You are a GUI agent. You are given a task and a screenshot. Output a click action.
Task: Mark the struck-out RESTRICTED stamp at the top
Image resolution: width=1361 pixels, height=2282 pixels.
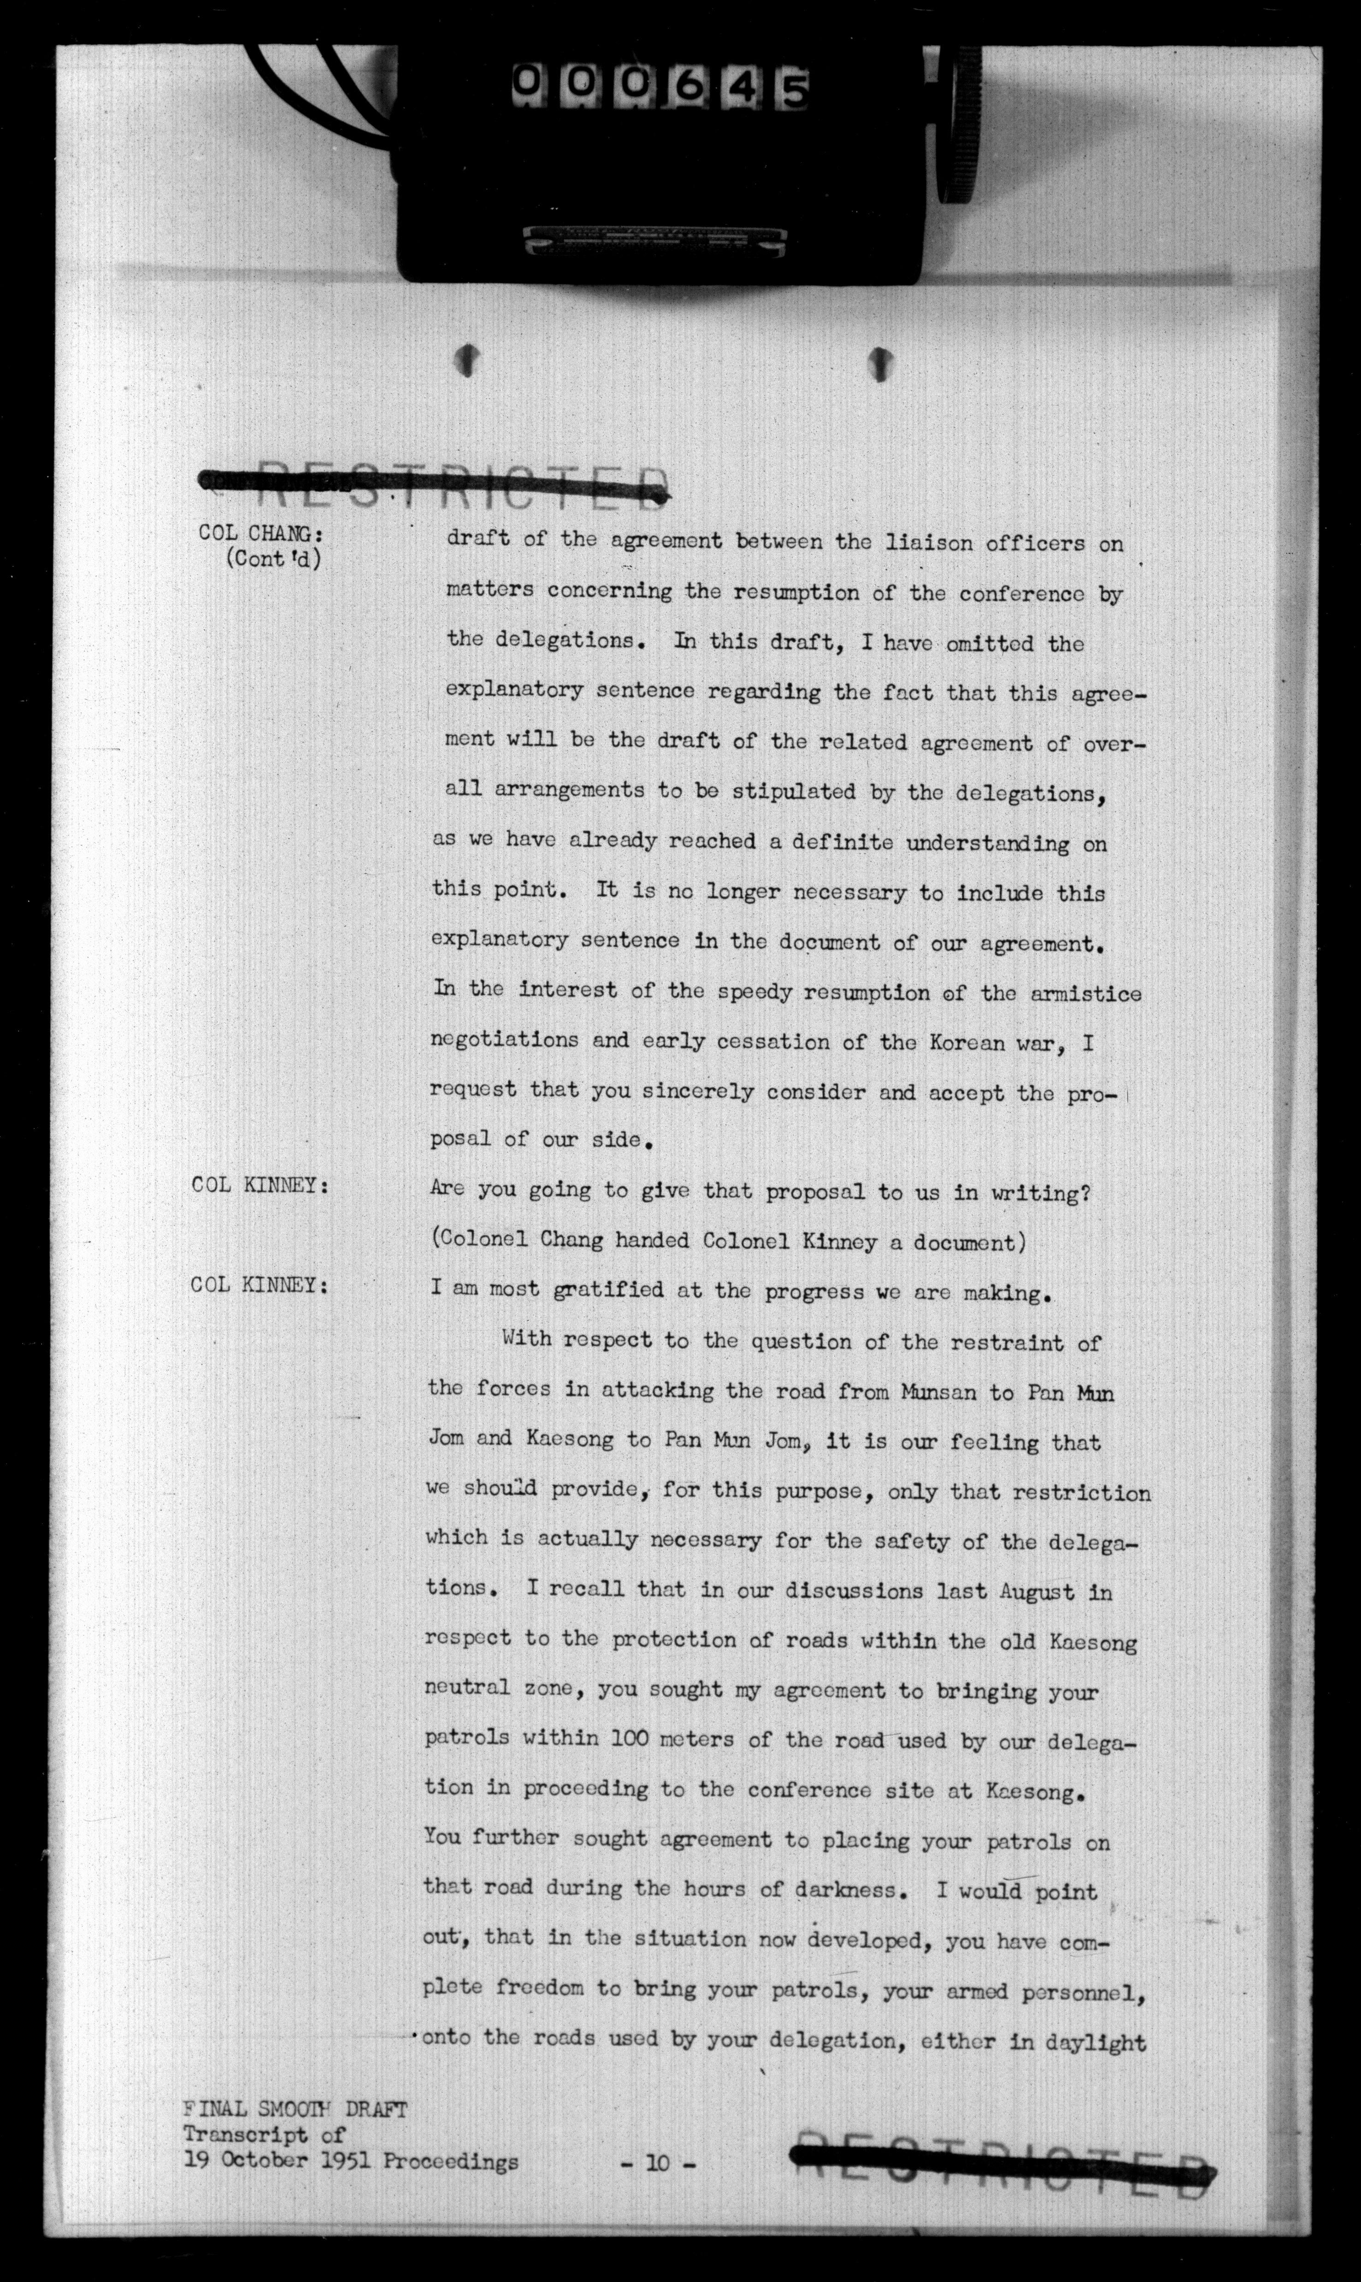tap(436, 486)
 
